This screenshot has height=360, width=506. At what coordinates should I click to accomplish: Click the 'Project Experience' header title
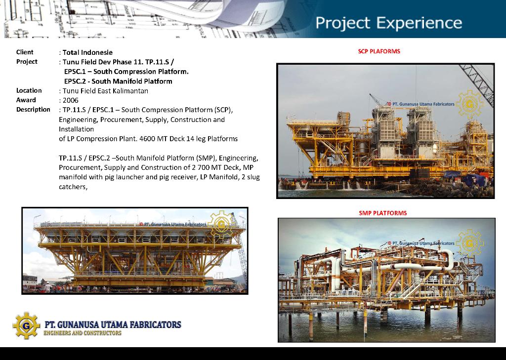[388, 23]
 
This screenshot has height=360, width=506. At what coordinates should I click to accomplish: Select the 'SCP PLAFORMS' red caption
[379, 51]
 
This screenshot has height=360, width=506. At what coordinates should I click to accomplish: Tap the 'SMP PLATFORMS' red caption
[383, 213]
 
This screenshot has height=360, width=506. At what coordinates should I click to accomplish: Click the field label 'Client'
[25, 52]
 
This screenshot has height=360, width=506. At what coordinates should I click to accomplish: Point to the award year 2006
[70, 100]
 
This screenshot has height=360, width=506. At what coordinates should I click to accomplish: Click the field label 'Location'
[29, 91]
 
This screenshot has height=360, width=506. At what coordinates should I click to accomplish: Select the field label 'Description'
[33, 110]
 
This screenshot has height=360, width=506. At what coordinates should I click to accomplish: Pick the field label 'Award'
[26, 100]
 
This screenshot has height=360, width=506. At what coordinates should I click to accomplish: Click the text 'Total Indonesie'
[87, 52]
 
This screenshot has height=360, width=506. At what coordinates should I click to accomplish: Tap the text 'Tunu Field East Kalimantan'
[105, 91]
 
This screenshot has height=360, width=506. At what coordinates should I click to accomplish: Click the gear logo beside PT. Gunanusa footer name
[27, 325]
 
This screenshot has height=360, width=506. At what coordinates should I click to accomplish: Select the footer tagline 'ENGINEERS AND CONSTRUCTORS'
[83, 333]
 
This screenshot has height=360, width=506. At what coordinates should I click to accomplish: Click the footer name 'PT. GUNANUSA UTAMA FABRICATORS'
[113, 324]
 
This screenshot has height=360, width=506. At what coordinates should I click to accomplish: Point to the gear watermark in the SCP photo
[470, 104]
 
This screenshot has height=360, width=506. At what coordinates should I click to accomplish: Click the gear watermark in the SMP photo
[470, 243]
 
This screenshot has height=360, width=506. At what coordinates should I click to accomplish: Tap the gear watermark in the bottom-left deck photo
[221, 224]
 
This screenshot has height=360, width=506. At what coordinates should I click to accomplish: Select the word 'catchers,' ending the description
[73, 187]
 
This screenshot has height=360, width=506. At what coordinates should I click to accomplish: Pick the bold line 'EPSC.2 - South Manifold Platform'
[118, 81]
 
